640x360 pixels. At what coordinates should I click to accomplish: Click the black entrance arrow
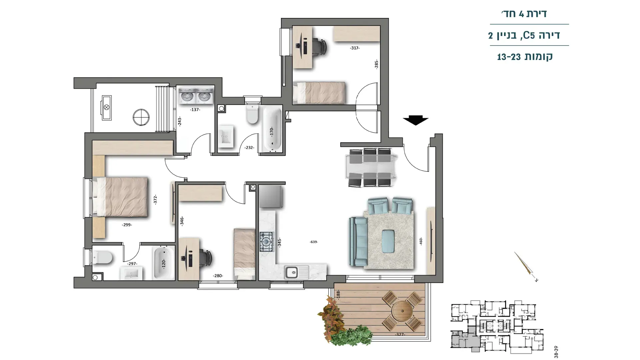coord(415,120)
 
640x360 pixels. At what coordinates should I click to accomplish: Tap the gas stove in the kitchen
coord(267,242)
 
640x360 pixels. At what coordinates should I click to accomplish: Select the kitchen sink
coord(296,272)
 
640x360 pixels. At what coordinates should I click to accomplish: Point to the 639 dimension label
coord(313,242)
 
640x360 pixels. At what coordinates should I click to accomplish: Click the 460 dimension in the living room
coord(421,241)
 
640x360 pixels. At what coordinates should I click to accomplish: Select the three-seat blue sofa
coord(358,242)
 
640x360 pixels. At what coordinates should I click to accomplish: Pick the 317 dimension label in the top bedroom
coord(355,48)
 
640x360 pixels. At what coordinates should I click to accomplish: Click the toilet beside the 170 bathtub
coord(252,115)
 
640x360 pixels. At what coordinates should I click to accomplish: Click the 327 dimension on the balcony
coord(400,334)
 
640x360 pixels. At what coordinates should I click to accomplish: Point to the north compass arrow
coord(526,267)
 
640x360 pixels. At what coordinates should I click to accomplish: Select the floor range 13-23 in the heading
coord(509,57)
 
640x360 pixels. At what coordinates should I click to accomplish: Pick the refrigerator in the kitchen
coord(271,197)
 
